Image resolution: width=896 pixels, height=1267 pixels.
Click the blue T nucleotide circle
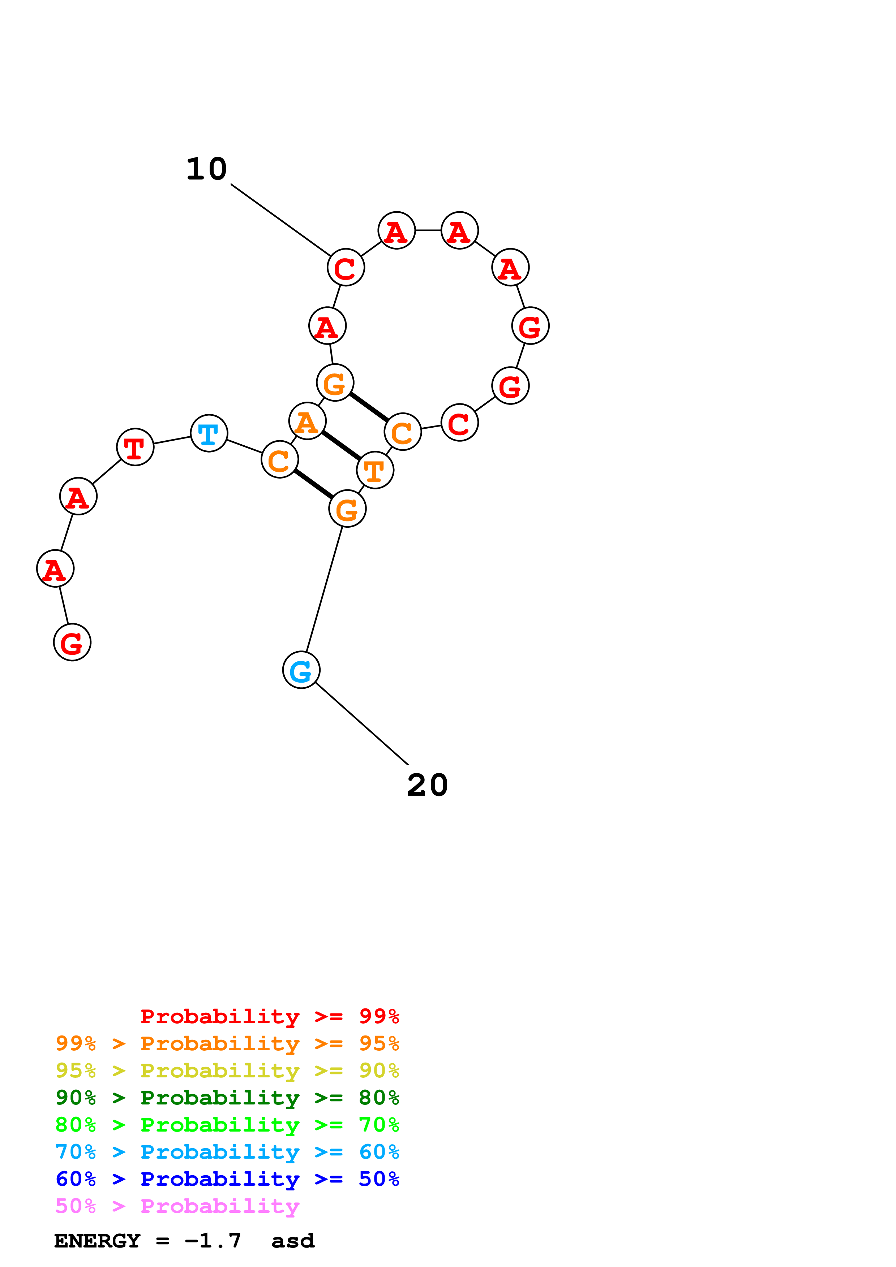click(x=209, y=433)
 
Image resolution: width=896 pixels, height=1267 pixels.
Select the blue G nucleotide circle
click(x=301, y=670)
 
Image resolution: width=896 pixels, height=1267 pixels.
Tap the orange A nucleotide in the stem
click(x=308, y=421)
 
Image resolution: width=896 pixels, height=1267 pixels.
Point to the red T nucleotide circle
click(x=135, y=447)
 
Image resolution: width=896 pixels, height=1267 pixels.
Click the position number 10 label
click(x=206, y=169)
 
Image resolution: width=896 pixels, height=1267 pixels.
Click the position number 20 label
click(x=427, y=785)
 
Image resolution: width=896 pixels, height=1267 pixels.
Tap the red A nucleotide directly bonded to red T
click(x=78, y=496)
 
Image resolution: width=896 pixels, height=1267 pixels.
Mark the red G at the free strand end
click(x=72, y=642)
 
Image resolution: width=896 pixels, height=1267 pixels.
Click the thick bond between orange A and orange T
click(x=341, y=445)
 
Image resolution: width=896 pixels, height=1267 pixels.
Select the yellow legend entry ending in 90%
click(x=227, y=1071)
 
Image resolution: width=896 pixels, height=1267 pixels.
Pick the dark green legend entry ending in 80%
click(x=227, y=1098)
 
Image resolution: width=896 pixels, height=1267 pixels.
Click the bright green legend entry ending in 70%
click(x=227, y=1125)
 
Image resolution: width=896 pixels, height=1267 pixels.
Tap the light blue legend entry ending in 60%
click(x=227, y=1152)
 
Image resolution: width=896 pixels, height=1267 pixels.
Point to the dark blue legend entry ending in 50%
click(x=227, y=1179)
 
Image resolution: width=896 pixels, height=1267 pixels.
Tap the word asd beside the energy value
click(x=293, y=1241)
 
